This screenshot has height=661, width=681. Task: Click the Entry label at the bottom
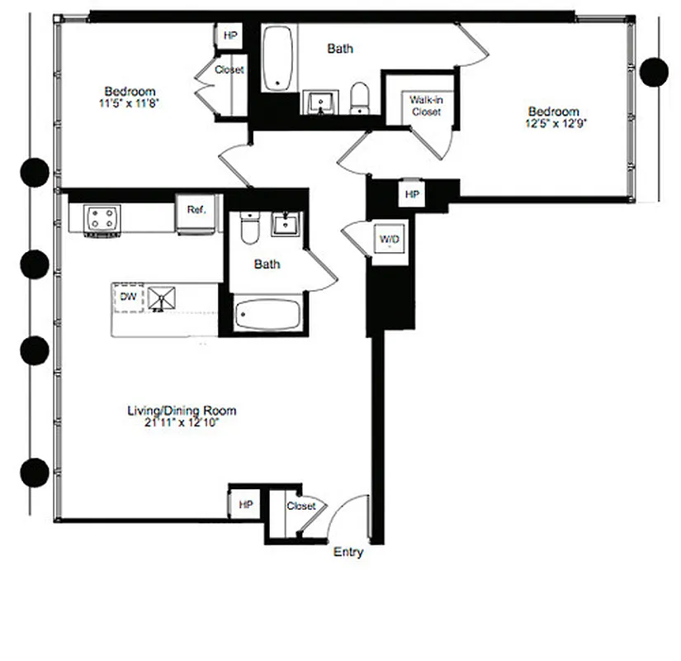click(348, 552)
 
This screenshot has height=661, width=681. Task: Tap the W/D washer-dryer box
click(389, 240)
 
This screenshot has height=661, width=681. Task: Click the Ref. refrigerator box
click(196, 211)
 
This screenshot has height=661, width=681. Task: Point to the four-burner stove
click(103, 219)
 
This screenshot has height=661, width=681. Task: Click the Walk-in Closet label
click(426, 106)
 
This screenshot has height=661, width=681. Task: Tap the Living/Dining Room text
click(182, 410)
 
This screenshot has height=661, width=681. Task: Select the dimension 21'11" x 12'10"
click(182, 422)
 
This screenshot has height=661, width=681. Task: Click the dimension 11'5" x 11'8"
click(130, 104)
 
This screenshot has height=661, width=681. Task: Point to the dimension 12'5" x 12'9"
click(554, 124)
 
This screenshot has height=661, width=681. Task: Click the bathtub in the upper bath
click(279, 59)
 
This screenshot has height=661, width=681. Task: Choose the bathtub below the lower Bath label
click(267, 316)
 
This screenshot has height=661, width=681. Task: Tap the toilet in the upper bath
click(360, 98)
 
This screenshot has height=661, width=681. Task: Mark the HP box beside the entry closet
click(245, 504)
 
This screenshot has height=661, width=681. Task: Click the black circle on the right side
click(655, 71)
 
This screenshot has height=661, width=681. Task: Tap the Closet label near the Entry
click(300, 506)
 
